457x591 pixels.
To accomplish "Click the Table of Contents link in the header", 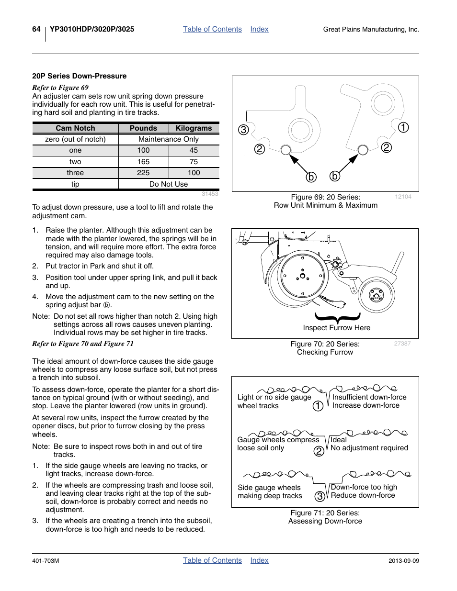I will (212, 29).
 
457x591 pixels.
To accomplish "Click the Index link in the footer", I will (259, 560).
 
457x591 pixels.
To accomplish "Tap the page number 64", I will (36, 29).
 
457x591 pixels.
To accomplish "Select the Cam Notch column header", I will (75, 128).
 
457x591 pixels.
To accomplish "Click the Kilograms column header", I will (194, 128).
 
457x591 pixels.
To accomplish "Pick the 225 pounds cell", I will (143, 173).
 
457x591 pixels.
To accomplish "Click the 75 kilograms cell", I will (194, 162).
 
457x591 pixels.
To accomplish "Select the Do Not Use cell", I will (169, 184).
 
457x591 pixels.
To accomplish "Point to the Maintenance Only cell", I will (169, 139).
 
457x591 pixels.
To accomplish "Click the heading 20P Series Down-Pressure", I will (80, 76).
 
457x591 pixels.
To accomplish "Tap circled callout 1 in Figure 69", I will (403, 127).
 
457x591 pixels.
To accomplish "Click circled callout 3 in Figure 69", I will (244, 130).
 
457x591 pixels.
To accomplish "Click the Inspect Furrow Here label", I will (336, 328).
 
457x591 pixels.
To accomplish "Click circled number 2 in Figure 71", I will (319, 451).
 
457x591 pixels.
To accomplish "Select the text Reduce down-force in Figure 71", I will (363, 495).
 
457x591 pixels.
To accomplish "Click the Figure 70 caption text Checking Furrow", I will (325, 352).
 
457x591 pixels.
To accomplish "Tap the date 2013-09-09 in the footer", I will (403, 561).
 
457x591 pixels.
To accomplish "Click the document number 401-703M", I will (46, 561).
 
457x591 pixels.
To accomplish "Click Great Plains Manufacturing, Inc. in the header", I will (371, 30).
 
